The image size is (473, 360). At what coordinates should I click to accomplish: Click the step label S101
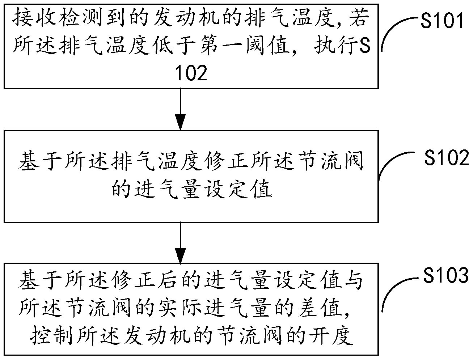click(x=442, y=22)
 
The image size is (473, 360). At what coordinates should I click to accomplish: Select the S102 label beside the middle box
click(x=447, y=158)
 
